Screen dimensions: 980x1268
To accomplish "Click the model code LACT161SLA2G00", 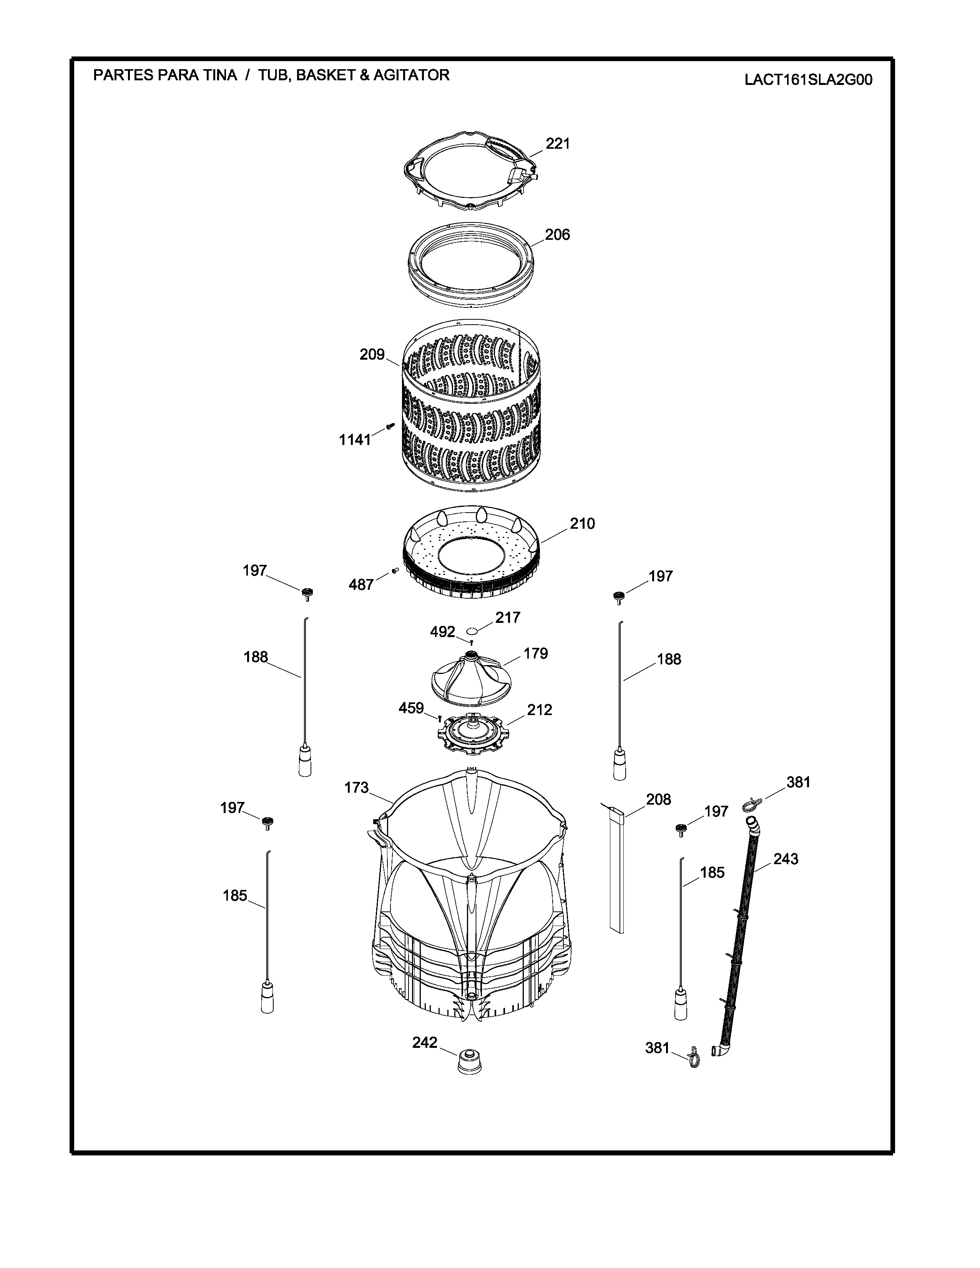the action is (808, 80).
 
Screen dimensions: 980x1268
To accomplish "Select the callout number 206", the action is (557, 234).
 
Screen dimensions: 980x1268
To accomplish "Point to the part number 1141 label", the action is (355, 440).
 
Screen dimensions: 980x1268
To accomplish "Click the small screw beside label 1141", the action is (390, 426).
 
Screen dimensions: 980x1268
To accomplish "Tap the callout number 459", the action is (411, 708).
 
